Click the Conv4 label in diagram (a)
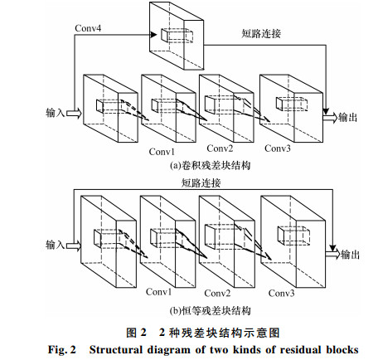click(88, 28)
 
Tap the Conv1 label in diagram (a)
click(162, 152)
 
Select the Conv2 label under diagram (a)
click(220, 148)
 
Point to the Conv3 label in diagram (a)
click(278, 148)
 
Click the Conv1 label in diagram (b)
click(158, 292)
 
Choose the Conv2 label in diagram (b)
click(217, 293)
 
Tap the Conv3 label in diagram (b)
click(281, 293)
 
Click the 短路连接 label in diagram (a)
click(261, 33)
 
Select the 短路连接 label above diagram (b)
click(201, 183)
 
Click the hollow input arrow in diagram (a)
click(74, 113)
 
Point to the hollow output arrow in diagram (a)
click(331, 118)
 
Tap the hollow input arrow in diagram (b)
click(74, 246)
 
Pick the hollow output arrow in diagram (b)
click(332, 255)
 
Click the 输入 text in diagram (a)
click(55, 113)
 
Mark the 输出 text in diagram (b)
click(350, 255)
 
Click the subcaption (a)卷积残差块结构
click(211, 165)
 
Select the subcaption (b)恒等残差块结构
click(211, 311)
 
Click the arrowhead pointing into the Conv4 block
click(153, 35)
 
